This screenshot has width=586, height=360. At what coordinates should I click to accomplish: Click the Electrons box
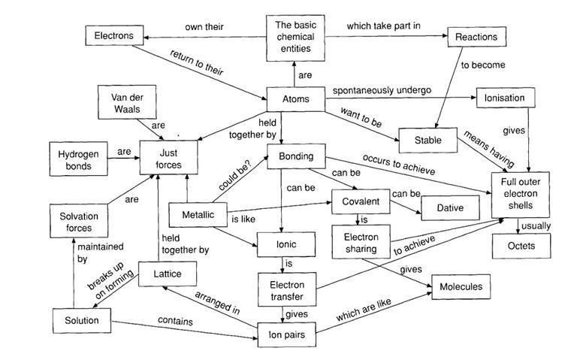[113, 35]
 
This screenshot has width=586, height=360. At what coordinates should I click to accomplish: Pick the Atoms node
[295, 98]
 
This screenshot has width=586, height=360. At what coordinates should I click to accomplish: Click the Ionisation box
[505, 98]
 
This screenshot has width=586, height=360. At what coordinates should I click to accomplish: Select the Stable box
[425, 140]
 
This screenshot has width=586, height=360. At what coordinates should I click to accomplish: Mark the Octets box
[521, 245]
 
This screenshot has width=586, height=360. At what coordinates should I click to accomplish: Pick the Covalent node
[361, 201]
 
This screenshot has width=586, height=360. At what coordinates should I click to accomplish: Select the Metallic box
[198, 216]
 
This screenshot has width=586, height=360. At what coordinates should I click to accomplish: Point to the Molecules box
[461, 286]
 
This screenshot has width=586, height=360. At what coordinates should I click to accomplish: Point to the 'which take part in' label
[383, 26]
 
